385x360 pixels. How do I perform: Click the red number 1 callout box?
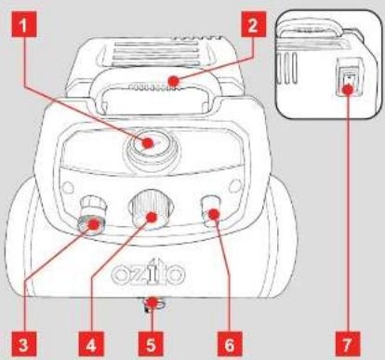pyautogui.click(x=24, y=24)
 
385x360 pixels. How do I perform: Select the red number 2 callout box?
pyautogui.click(x=253, y=24)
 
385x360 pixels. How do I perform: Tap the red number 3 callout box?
pyautogui.click(x=23, y=344)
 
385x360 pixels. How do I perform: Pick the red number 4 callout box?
pyautogui.click(x=91, y=344)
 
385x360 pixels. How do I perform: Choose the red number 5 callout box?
pyautogui.click(x=151, y=344)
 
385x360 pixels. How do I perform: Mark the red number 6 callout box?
pyautogui.click(x=230, y=344)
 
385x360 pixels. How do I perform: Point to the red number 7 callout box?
pyautogui.click(x=348, y=344)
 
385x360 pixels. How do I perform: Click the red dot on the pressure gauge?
pyautogui.click(x=148, y=143)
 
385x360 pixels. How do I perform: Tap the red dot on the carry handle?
pyautogui.click(x=174, y=81)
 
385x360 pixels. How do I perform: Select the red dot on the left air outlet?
pyautogui.click(x=93, y=224)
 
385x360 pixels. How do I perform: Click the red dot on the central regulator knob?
pyautogui.click(x=152, y=217)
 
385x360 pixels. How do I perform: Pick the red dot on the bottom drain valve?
pyautogui.click(x=152, y=301)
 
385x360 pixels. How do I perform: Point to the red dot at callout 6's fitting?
pyautogui.click(x=213, y=214)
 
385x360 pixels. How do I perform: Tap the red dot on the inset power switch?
pyautogui.click(x=348, y=89)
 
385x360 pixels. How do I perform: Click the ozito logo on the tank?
pyautogui.click(x=149, y=273)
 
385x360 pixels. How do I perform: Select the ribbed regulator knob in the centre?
pyautogui.click(x=152, y=209)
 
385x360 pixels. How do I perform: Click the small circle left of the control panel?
pyautogui.click(x=68, y=187)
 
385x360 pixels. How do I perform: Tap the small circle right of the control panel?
pyautogui.click(x=235, y=185)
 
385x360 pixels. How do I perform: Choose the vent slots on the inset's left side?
pyautogui.click(x=286, y=68)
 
